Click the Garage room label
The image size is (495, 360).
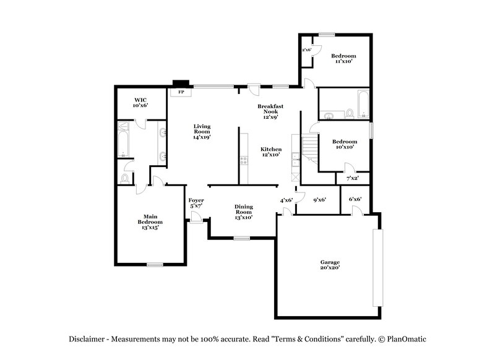329,265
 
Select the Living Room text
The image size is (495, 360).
202,131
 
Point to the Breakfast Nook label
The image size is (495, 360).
270,112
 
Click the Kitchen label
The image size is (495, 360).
271,152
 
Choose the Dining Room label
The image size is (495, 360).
243,211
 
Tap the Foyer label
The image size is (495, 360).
196,203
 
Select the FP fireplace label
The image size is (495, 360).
181,92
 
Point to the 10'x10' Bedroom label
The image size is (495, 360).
344,144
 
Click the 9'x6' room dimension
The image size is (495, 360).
320,200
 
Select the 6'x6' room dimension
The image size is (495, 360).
355,199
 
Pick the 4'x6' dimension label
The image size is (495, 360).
286,200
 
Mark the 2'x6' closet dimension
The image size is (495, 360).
306,49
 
